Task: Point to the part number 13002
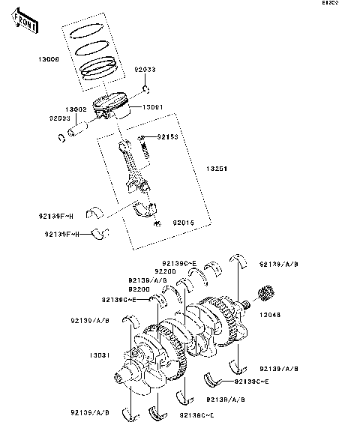75,110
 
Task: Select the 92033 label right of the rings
145,69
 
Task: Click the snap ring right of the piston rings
144,91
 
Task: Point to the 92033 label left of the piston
60,118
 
